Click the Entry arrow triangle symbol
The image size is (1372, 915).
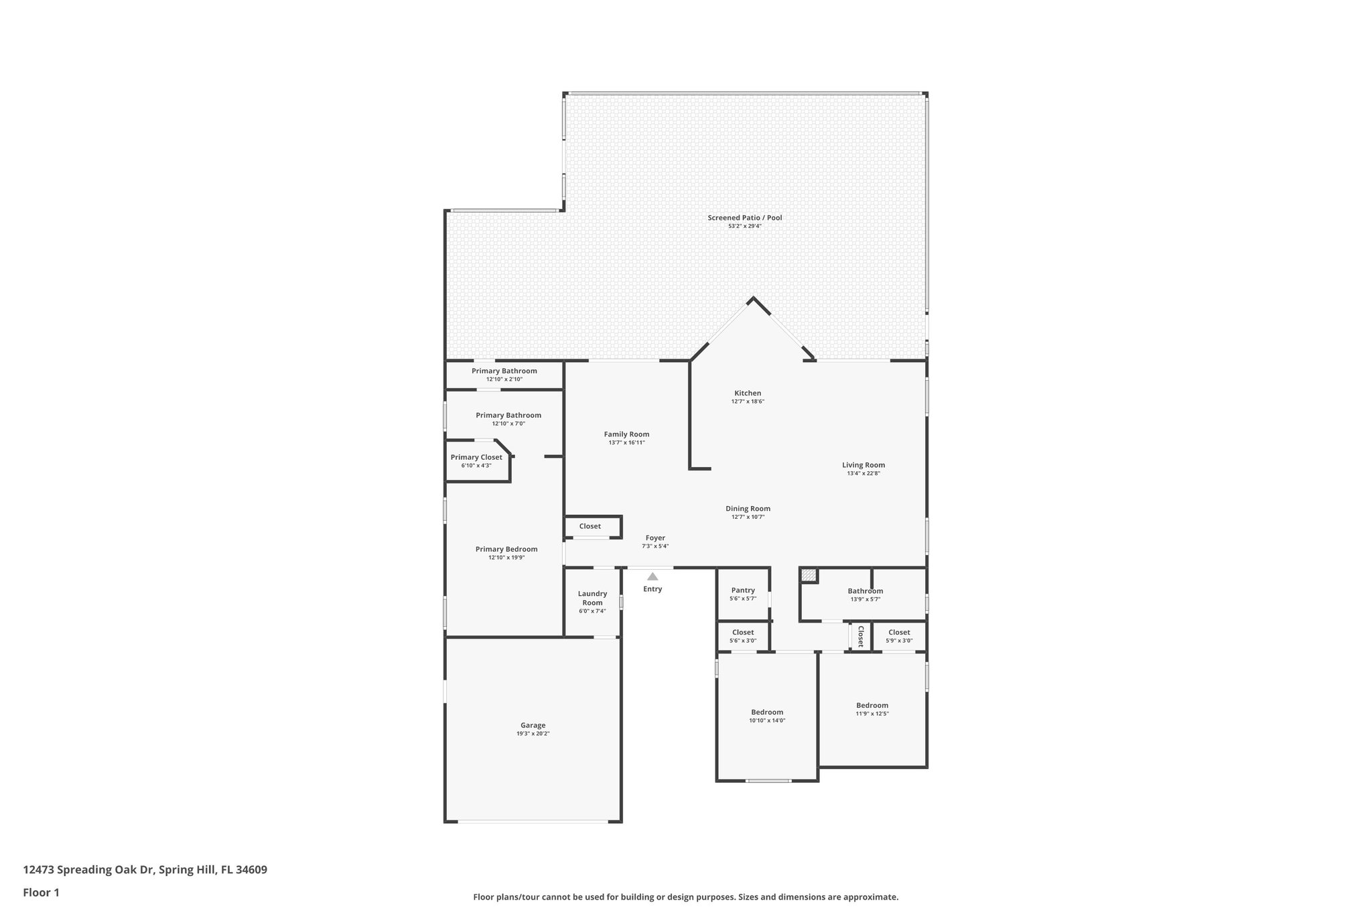[x=653, y=576]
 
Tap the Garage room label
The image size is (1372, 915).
[x=533, y=725]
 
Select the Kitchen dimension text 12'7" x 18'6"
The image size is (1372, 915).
[x=748, y=402]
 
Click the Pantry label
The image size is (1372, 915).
[x=743, y=591]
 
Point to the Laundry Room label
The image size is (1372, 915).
[x=592, y=598]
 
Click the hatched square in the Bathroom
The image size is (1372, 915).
[x=809, y=575]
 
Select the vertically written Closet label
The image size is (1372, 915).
[x=860, y=637]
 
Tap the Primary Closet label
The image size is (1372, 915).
[x=476, y=457]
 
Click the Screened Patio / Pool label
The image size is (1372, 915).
[x=745, y=218]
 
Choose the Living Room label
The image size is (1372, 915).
[x=864, y=465]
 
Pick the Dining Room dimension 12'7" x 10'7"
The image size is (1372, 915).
[x=748, y=517]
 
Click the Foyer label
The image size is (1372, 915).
[x=655, y=538]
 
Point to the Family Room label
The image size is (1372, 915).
[x=626, y=434]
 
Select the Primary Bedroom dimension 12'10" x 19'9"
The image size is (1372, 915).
[x=506, y=558]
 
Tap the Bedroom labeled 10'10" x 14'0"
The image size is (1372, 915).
[x=767, y=713]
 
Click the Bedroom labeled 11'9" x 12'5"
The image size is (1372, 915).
[x=872, y=705]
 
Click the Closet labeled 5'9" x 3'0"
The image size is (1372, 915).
[x=899, y=632]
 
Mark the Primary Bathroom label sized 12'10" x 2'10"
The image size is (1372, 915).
[x=504, y=371]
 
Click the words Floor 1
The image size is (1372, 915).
[x=42, y=893]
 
